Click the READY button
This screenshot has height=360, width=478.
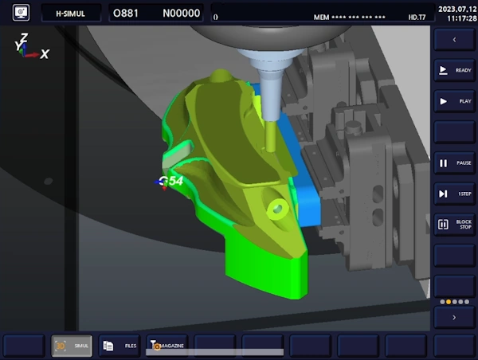coord(454,70)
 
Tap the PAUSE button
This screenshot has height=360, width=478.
coord(454,162)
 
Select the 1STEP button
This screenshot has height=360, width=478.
coord(454,194)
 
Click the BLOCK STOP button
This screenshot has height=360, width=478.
coord(454,225)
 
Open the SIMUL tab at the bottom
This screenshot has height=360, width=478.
coord(72,345)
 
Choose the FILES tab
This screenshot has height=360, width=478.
coord(119,345)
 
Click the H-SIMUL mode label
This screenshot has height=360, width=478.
coord(71,13)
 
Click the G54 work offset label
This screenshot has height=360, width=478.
coord(171,182)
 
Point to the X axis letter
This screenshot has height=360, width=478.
coord(45,53)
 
